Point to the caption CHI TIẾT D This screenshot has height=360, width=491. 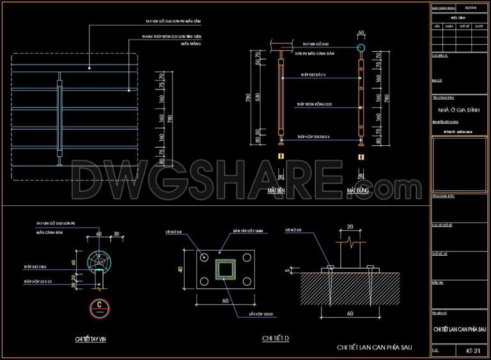point(276,338)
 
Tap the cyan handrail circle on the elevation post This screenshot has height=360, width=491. point(361,48)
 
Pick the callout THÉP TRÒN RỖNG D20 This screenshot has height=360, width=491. point(314,104)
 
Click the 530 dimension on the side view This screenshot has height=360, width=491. point(258,97)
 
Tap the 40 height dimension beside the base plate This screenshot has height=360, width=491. point(181,269)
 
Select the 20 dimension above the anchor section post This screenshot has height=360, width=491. point(350,226)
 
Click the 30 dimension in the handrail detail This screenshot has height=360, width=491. point(116,233)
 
